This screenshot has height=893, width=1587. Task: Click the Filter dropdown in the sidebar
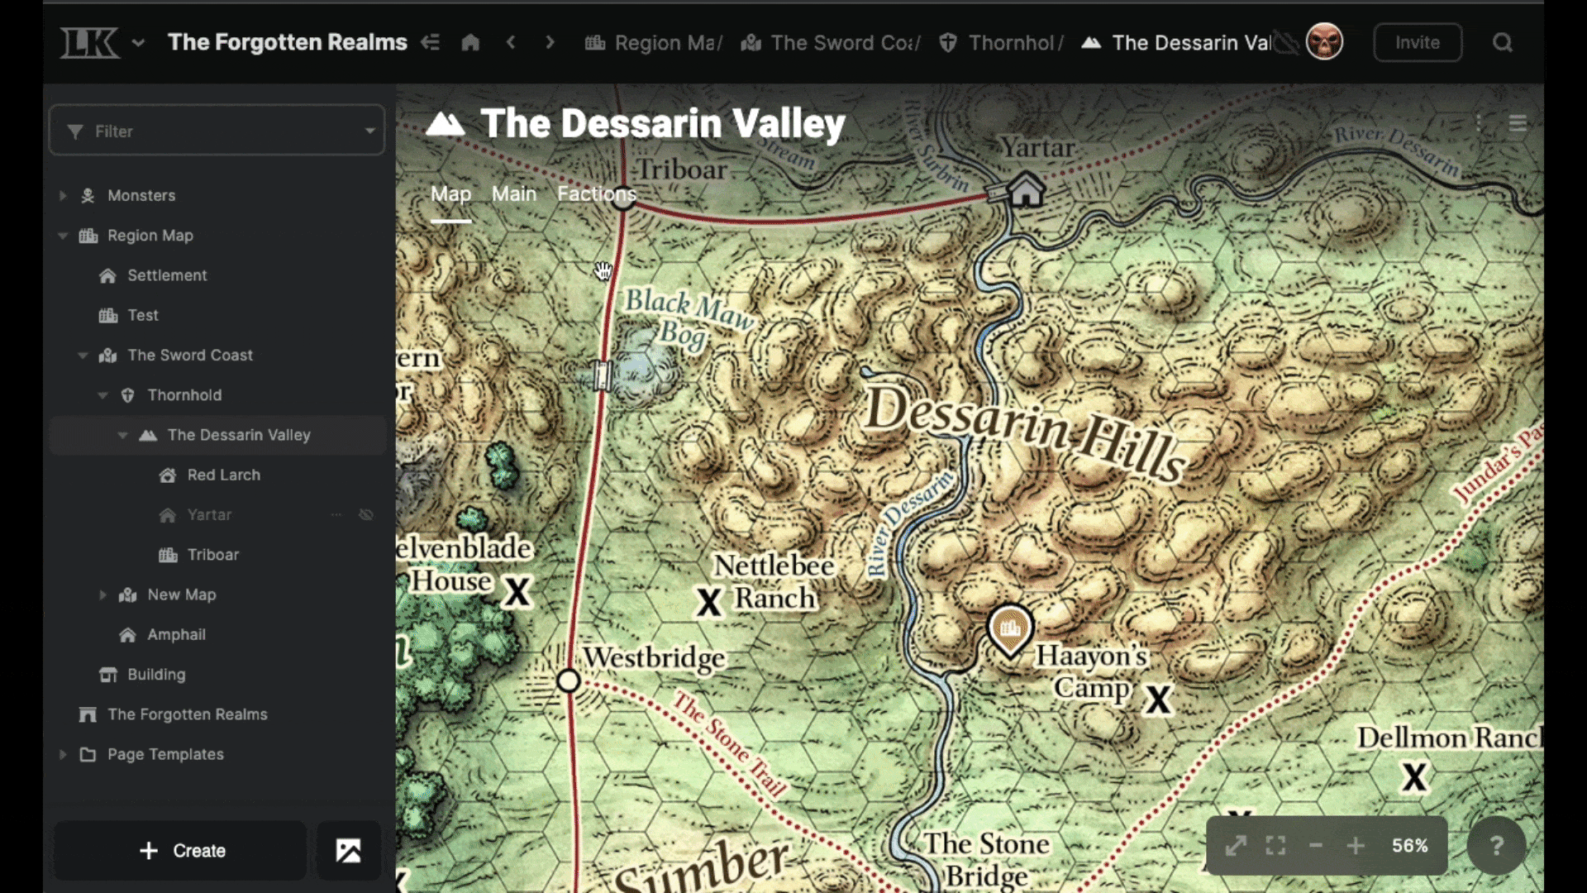[217, 131]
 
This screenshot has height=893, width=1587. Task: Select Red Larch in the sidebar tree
[223, 475]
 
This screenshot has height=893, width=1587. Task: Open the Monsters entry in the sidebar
[141, 196]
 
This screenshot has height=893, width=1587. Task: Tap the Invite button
[1417, 43]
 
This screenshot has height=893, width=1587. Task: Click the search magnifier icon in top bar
[1502, 43]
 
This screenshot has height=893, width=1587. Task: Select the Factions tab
[596, 194]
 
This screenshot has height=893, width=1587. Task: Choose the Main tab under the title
[513, 194]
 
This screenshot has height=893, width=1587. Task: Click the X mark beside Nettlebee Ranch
[709, 602]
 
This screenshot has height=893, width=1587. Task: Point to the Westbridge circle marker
[569, 680]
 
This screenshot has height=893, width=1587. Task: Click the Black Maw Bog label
[688, 318]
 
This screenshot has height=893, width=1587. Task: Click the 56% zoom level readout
[1409, 845]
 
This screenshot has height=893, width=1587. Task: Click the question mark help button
[1496, 845]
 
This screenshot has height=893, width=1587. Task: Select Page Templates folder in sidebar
[165, 754]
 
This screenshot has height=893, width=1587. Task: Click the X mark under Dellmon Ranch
[1414, 777]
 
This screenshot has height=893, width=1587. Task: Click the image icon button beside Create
[348, 850]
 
